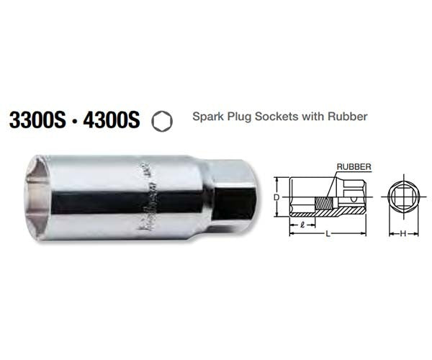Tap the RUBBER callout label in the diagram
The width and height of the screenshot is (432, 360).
tap(354, 166)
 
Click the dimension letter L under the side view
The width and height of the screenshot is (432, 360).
tap(327, 233)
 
